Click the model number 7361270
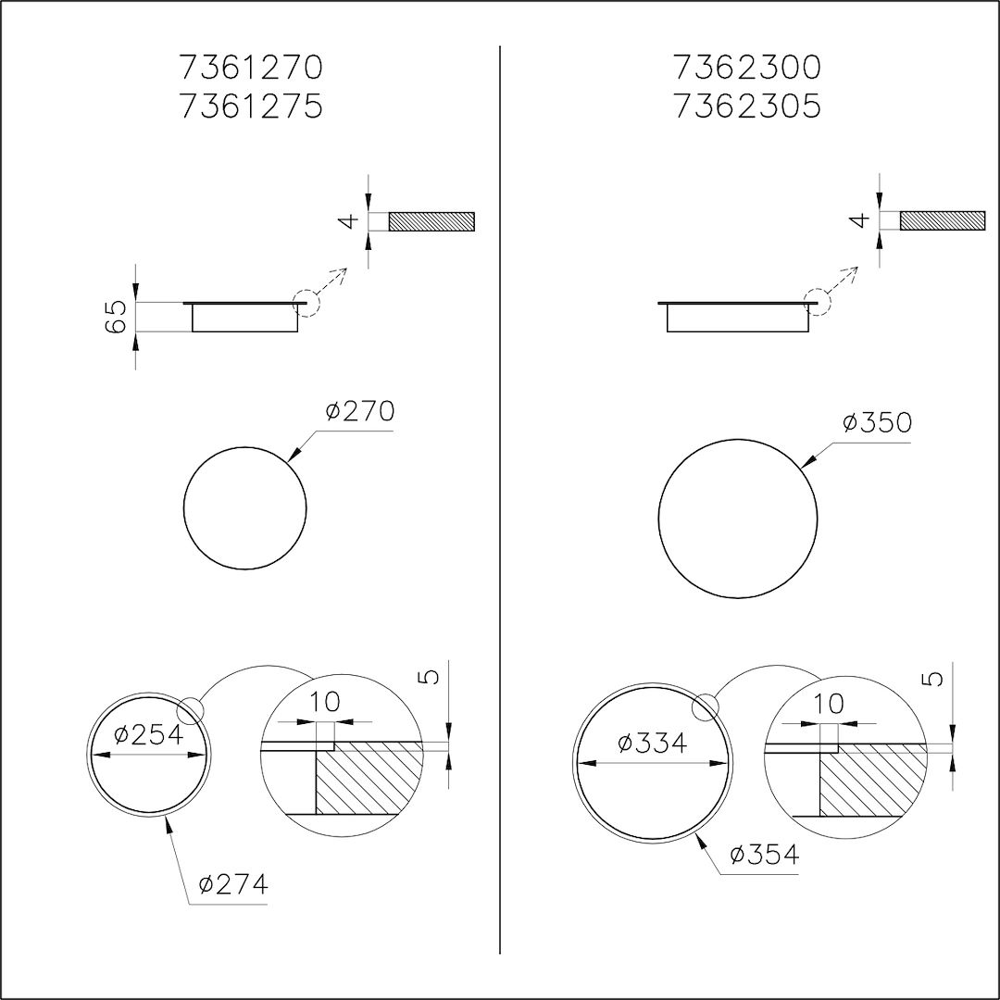pos(251,68)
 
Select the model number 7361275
pos(251,106)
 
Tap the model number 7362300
pos(746,68)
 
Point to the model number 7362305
pos(746,106)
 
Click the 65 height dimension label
pos(118,317)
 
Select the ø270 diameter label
pos(360,411)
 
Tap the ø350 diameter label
pos(877,422)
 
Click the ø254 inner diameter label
pos(148,734)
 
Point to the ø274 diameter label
pos(233,884)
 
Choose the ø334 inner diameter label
pos(653,743)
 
